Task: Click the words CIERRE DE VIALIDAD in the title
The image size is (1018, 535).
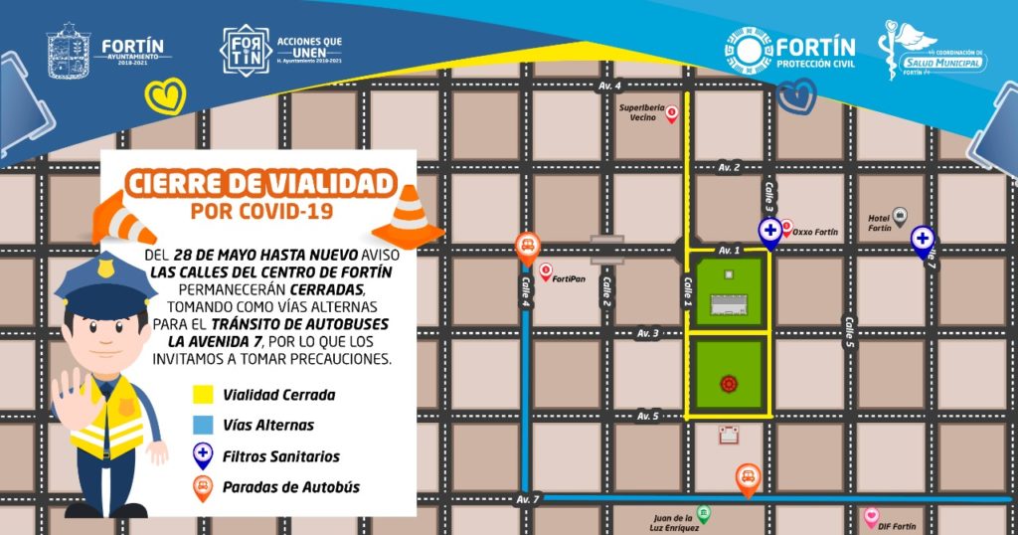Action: (259, 183)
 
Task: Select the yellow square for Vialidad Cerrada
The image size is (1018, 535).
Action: (202, 395)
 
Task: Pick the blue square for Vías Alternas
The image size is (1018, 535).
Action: (202, 425)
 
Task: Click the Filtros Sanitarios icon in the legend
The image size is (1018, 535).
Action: (202, 455)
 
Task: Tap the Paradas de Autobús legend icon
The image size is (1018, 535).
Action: (202, 487)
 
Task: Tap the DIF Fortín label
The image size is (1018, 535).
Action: (897, 525)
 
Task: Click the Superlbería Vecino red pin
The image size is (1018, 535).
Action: (672, 114)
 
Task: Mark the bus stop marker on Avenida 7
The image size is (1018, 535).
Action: (748, 478)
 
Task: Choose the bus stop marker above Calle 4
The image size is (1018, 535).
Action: (527, 245)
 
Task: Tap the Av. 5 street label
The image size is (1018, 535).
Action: (648, 415)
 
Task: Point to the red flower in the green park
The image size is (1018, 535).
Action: (729, 382)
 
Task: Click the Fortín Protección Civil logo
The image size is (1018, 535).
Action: (789, 50)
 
